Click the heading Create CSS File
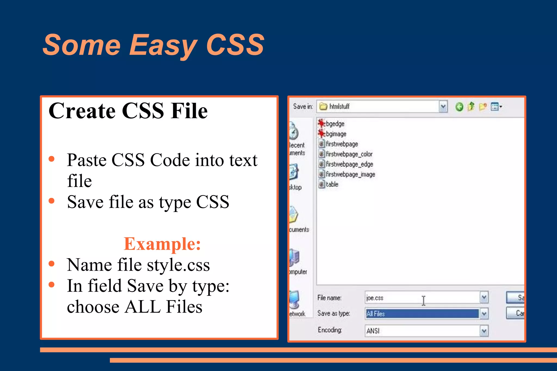pos(128,111)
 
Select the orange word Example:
pos(162,244)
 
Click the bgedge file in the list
pos(335,124)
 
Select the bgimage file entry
pos(336,134)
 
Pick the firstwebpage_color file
pos(349,154)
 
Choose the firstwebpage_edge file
pos(349,164)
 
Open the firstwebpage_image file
pos(350,174)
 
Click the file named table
pos(332,184)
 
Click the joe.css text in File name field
pos(375,298)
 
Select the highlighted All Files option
pos(376,314)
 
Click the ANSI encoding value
pos(373,331)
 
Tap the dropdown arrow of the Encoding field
pos(484,331)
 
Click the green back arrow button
pos(459,107)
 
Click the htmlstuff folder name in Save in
pos(339,106)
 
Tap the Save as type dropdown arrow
pos(484,314)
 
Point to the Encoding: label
pos(330,330)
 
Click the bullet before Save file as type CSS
pos(51,201)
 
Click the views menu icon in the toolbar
pos(496,107)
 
